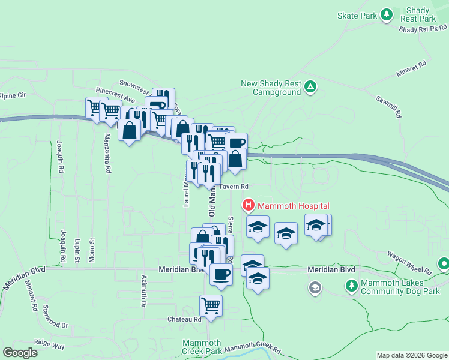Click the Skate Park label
coord(356,15)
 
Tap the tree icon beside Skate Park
coord(387,14)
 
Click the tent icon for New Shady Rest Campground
coord(310,88)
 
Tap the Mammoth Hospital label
coord(286,206)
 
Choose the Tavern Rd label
coord(233,187)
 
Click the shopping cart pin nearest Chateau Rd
coord(211,305)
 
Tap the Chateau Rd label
coord(184,319)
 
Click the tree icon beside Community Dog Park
coord(352,286)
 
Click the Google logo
coord(20,353)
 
